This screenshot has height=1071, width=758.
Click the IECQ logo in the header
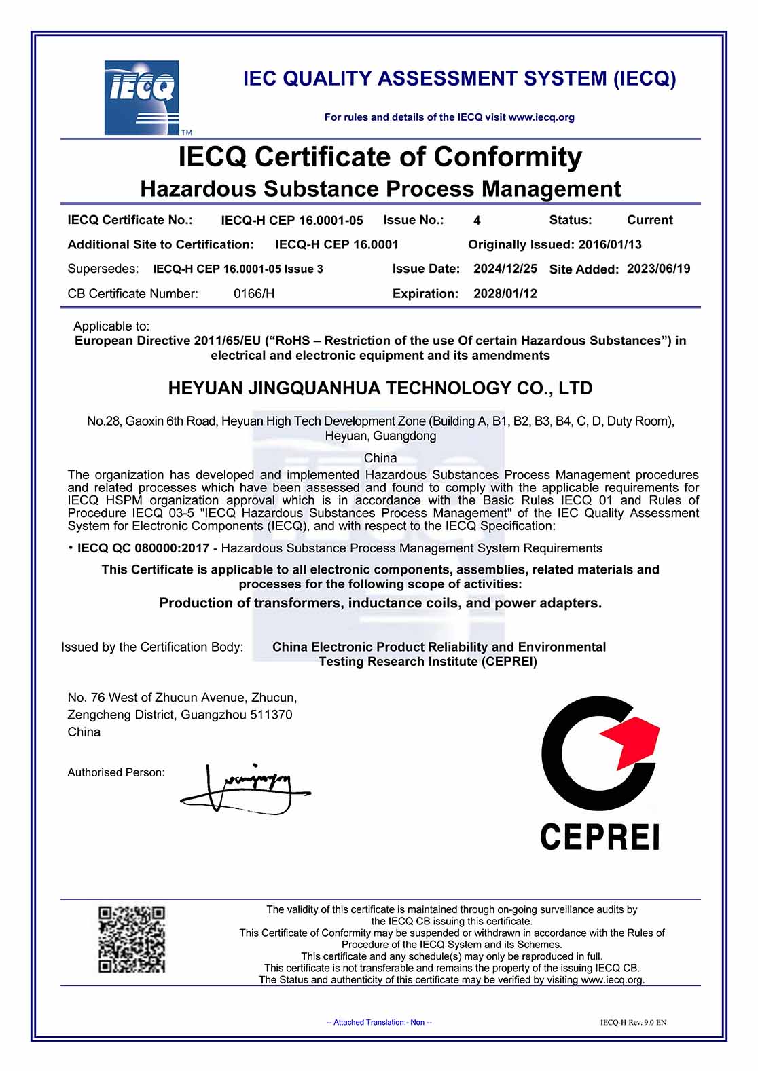pos(141,97)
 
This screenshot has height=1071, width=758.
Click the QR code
pos(132,939)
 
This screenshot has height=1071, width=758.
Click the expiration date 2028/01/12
pos(505,294)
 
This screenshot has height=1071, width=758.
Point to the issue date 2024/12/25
pos(505,269)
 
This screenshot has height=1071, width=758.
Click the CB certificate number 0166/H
pos(254,294)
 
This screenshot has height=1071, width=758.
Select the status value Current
pos(649,220)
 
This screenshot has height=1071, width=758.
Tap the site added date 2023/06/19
pos(658,269)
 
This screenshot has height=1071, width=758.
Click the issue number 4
pos(477,221)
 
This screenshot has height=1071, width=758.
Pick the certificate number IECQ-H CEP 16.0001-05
pos(292,221)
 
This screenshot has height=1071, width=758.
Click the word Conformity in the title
pos(507,157)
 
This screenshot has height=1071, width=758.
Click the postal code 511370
pos(271,715)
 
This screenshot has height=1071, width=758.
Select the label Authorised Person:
pos(116,772)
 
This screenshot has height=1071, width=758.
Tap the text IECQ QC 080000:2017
pos(143,548)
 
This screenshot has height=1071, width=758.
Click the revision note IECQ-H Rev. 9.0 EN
pos(633,1022)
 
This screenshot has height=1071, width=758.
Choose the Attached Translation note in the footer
pos(379,1022)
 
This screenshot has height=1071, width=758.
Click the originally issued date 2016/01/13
pos(610,244)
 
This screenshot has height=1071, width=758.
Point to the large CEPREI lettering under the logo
pos(600,836)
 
